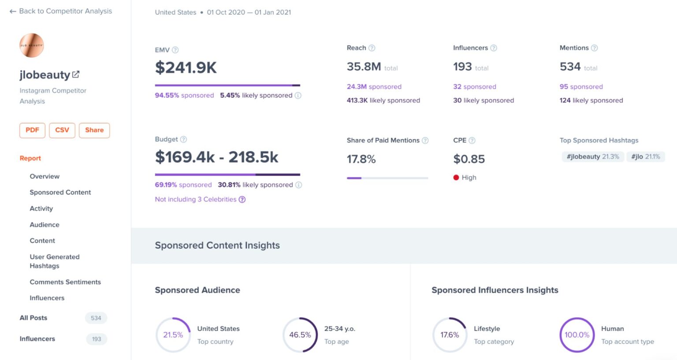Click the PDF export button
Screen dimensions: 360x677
coord(32,130)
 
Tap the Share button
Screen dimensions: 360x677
coord(94,130)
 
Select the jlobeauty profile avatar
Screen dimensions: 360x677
coord(32,45)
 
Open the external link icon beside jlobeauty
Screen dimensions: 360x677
coord(76,74)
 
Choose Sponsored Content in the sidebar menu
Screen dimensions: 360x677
coord(60,192)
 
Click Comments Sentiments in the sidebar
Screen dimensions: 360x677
coord(65,282)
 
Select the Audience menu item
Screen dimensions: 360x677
coord(45,225)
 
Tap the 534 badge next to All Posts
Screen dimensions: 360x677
coord(96,318)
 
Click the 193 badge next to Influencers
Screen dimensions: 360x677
coord(97,339)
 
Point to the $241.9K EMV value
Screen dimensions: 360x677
coord(186,68)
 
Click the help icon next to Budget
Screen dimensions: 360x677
coord(184,139)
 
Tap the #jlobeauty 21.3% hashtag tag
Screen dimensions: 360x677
coord(593,156)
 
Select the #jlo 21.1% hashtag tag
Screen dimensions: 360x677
coord(646,156)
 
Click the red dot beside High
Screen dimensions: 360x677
coord(456,178)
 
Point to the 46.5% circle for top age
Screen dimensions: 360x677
coord(300,335)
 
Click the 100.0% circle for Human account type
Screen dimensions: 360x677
coord(577,335)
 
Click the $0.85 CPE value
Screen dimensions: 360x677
coord(469,159)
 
